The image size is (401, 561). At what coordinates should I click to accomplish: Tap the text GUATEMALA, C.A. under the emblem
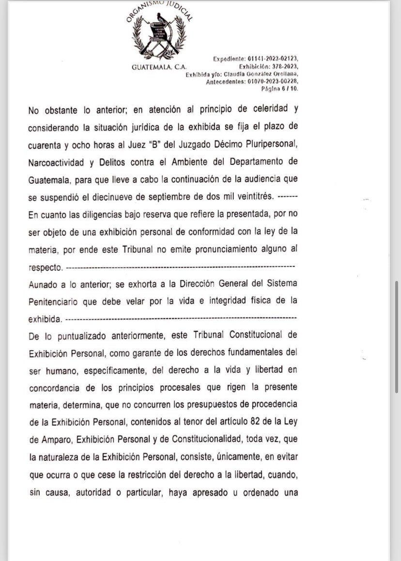click(159, 67)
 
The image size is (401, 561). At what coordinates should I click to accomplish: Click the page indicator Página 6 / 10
click(280, 89)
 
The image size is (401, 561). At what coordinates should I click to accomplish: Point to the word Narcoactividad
click(56, 162)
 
